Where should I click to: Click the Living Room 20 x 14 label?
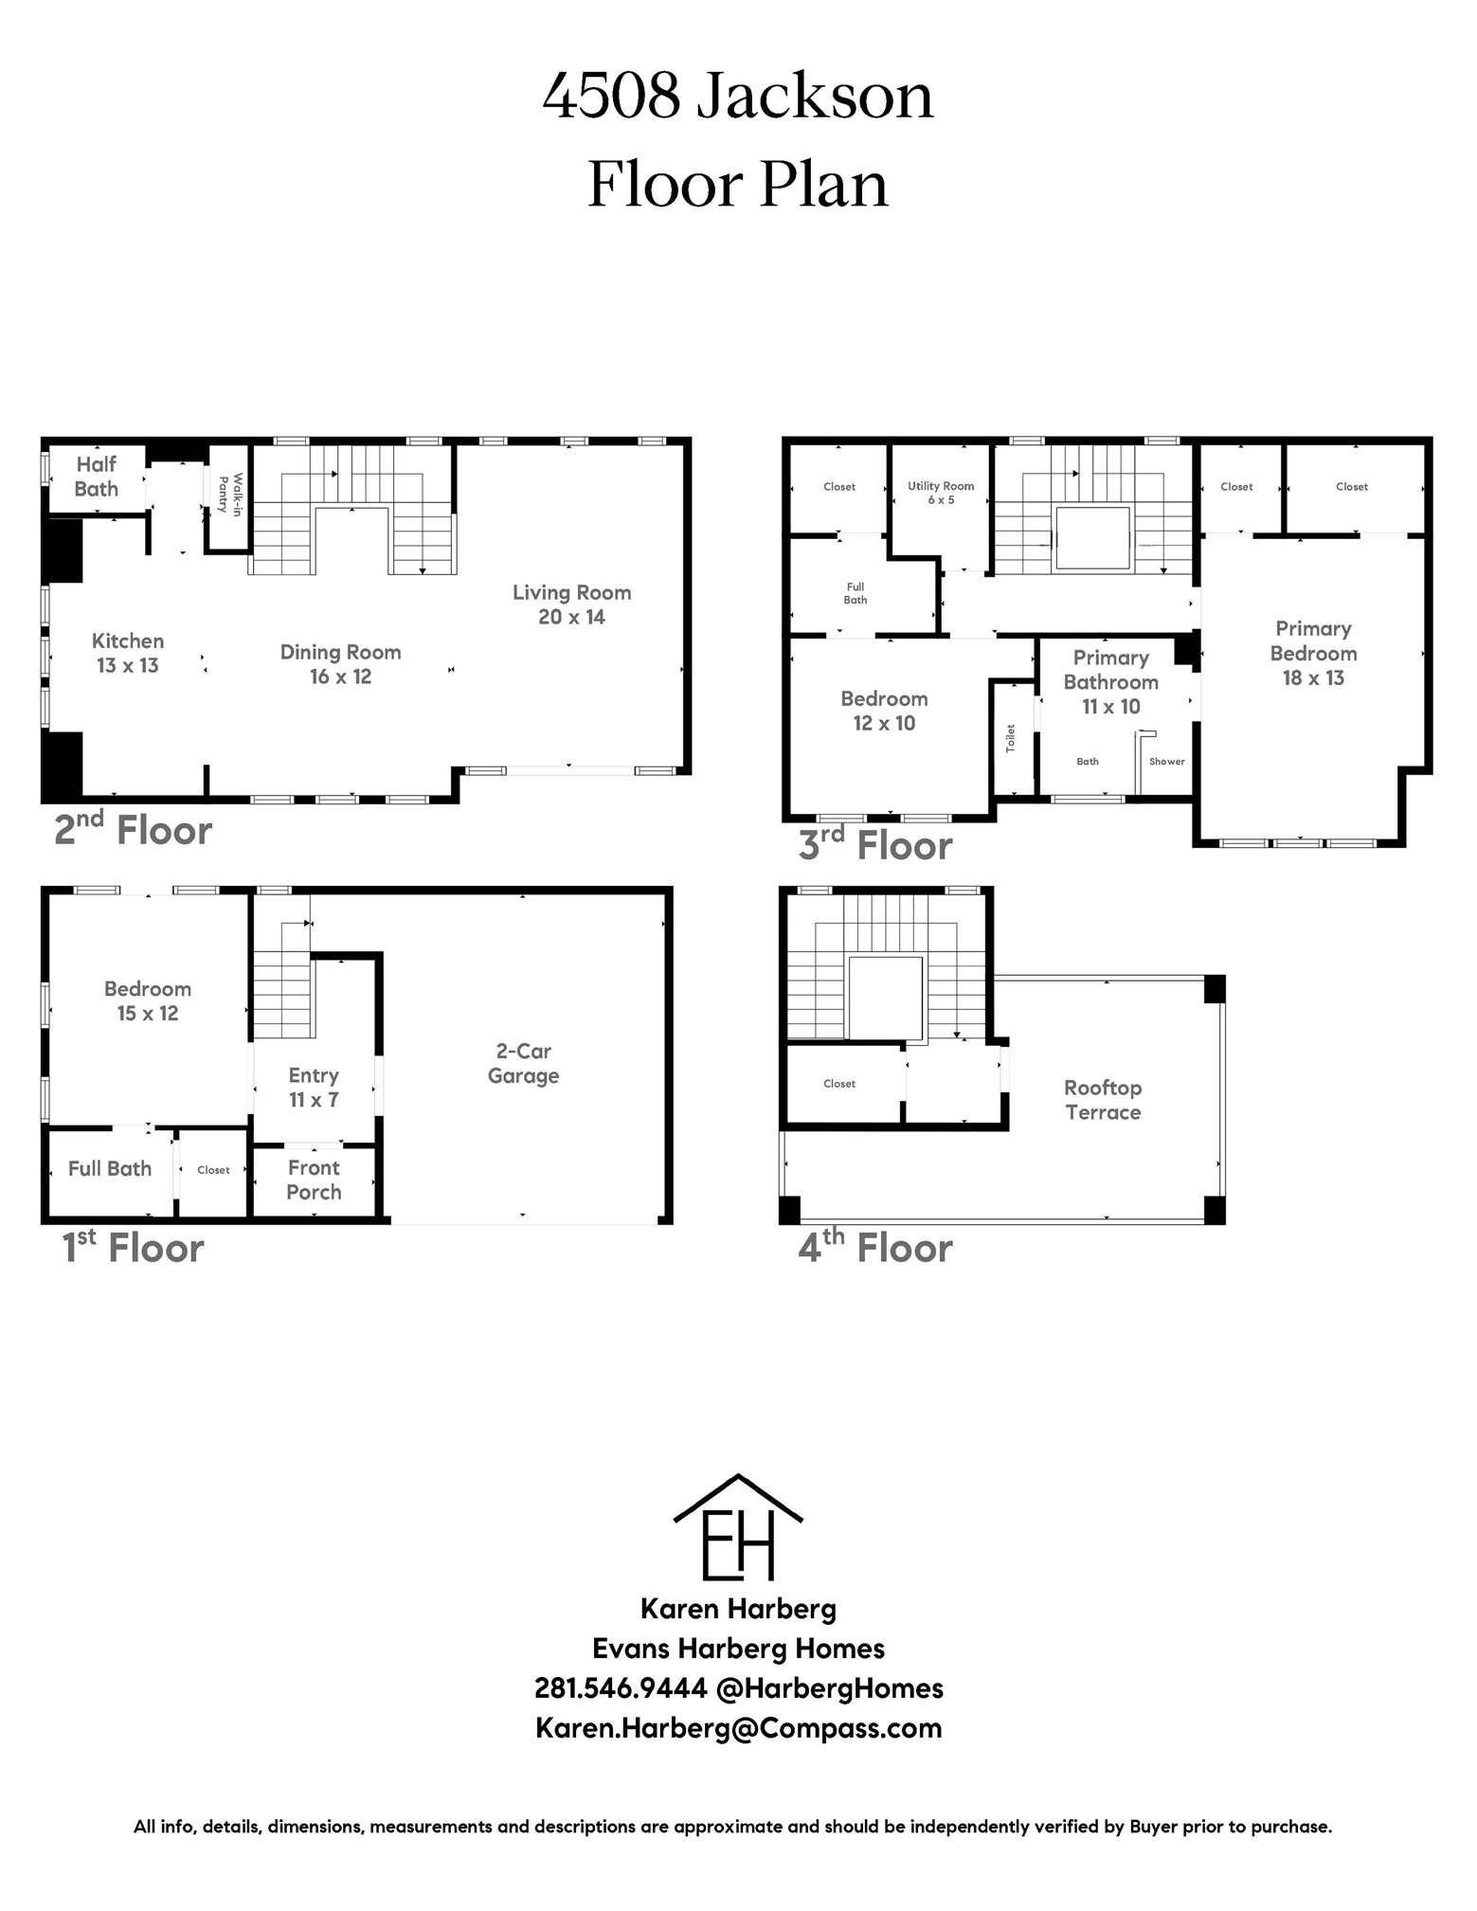pyautogui.click(x=571, y=604)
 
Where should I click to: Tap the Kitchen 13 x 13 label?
pyautogui.click(x=128, y=653)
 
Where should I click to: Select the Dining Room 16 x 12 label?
pyautogui.click(x=340, y=664)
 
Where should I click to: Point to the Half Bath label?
pyautogui.click(x=97, y=477)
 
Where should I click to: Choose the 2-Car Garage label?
pyautogui.click(x=523, y=1063)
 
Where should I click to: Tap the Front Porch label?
pyautogui.click(x=314, y=1181)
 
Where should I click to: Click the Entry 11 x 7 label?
pyautogui.click(x=314, y=1088)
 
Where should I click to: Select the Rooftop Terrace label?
pyautogui.click(x=1103, y=1100)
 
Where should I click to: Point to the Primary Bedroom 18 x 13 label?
pyautogui.click(x=1313, y=653)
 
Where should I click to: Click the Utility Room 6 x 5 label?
pyautogui.click(x=941, y=493)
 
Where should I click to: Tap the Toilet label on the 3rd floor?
pyautogui.click(x=1011, y=738)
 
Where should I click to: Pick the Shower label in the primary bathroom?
pyautogui.click(x=1167, y=761)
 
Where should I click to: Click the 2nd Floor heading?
pyautogui.click(x=133, y=829)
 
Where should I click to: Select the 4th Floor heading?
pyautogui.click(x=875, y=1246)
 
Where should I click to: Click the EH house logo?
pyautogui.click(x=738, y=1526)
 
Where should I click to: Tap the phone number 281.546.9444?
pyautogui.click(x=621, y=1687)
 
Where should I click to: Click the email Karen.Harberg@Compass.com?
pyautogui.click(x=739, y=1727)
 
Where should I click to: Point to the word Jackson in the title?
pyautogui.click(x=816, y=97)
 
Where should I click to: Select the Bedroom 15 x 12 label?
pyautogui.click(x=148, y=1001)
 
